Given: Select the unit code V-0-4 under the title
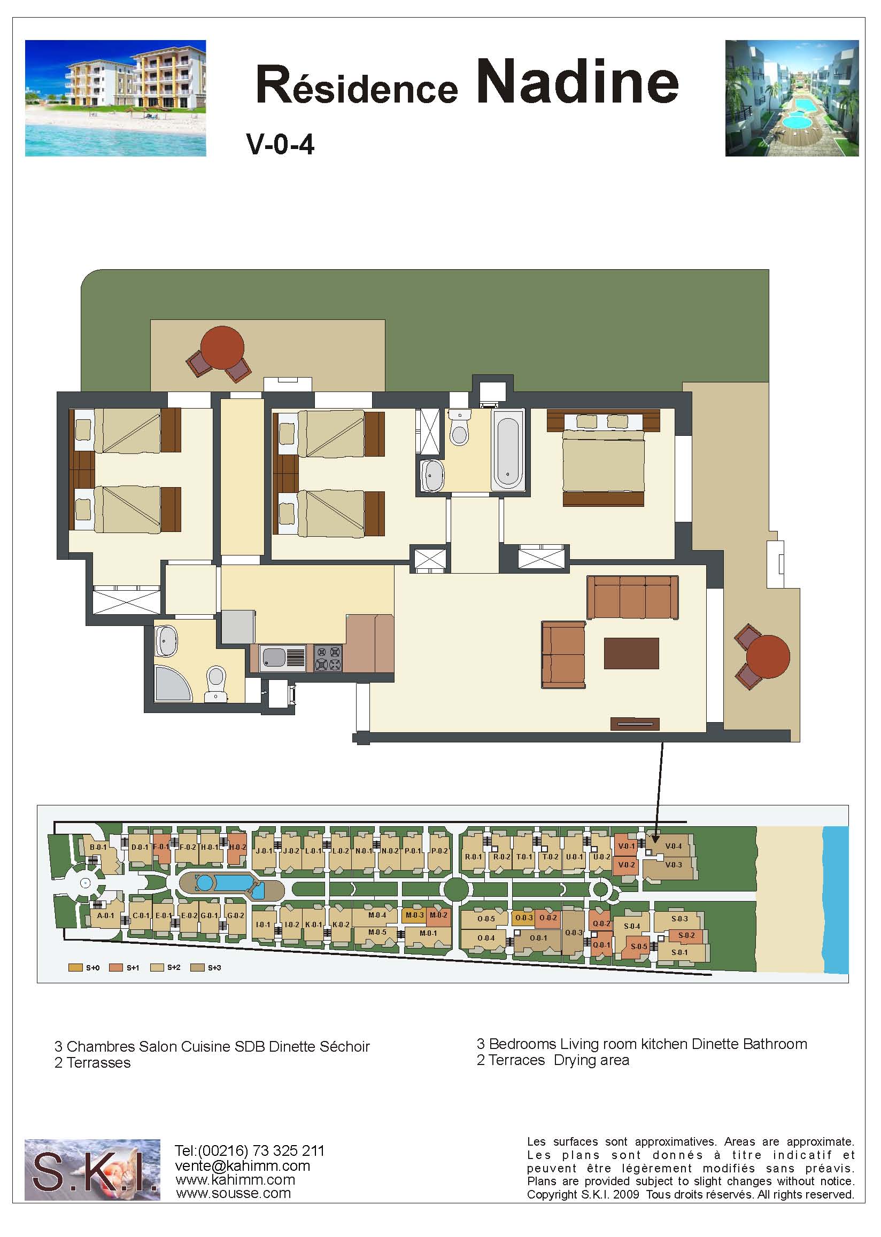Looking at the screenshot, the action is click(281, 145).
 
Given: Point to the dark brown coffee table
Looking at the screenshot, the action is click(631, 653).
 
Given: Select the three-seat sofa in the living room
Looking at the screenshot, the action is click(632, 597).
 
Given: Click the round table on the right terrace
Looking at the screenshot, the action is click(768, 656).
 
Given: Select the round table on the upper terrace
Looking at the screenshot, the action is click(222, 348).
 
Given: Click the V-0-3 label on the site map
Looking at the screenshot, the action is click(673, 865).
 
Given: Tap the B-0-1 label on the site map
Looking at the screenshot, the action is click(98, 847).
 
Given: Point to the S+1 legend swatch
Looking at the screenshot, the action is click(115, 968).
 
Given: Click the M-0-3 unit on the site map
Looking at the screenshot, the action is click(414, 915).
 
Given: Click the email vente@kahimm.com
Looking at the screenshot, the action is click(243, 1165).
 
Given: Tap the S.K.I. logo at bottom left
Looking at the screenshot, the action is click(92, 1169).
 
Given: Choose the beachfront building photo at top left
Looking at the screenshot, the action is click(115, 98).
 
